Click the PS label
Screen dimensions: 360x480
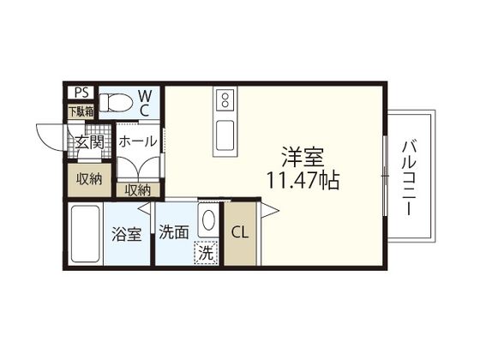tap(80, 93)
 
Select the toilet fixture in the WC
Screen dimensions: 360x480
tap(117, 103)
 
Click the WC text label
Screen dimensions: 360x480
tap(145, 101)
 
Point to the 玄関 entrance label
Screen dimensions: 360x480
tap(87, 141)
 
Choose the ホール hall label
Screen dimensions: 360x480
tap(137, 141)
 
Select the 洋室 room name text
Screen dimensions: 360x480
tap(305, 157)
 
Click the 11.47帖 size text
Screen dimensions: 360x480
tap(305, 180)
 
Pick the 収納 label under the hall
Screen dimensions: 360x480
tap(138, 190)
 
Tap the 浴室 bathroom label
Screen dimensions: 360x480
tap(128, 233)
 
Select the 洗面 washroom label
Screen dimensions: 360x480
tap(174, 232)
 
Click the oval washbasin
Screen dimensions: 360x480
tap(207, 221)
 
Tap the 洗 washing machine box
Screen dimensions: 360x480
tap(206, 253)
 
